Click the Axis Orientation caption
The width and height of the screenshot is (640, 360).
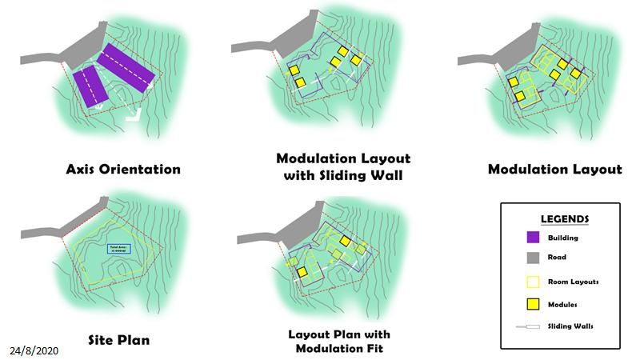pos(123,170)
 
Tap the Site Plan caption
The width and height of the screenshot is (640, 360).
pos(118,340)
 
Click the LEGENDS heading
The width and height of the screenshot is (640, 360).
pos(566,218)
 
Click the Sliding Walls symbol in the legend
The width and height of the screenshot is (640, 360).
pos(531,326)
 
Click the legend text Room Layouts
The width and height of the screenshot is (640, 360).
pos(574,282)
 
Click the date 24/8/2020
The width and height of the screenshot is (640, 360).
pos(34,351)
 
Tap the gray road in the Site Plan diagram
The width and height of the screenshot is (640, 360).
pos(48,232)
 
